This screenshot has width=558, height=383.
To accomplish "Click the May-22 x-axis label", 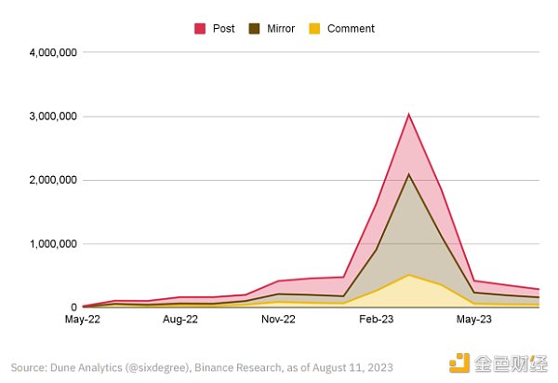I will (x=83, y=320).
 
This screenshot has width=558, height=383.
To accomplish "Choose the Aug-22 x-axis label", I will (x=180, y=320).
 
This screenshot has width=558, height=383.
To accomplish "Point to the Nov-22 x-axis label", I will (x=278, y=320).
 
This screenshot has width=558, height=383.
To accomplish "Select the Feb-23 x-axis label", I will (x=376, y=320).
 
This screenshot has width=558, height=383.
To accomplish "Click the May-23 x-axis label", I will (x=473, y=320).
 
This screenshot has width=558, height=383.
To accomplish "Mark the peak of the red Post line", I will (x=408, y=115).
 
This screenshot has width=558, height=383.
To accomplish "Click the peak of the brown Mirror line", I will (x=408, y=174).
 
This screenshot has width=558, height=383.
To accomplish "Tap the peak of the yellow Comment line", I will (x=408, y=275).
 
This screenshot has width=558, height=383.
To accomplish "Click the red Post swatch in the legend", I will (x=199, y=29).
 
